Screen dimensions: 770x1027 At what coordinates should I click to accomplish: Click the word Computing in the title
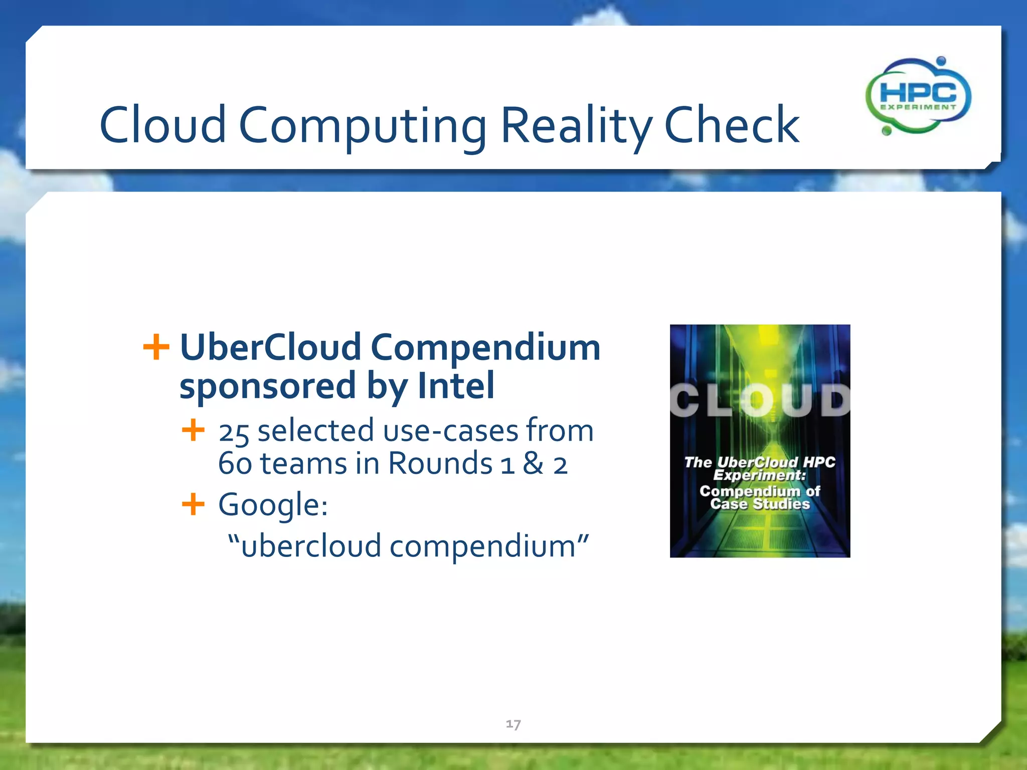362,125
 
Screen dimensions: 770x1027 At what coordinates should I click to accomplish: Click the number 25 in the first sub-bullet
234,432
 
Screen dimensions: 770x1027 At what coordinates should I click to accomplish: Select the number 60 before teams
235,464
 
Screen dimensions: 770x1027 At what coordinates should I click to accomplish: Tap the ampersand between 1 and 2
533,463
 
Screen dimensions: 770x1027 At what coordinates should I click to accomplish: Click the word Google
272,504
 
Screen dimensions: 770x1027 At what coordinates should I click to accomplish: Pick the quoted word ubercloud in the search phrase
311,546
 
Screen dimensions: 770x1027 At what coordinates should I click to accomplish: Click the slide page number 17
513,724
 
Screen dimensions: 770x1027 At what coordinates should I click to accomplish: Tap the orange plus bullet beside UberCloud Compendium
156,347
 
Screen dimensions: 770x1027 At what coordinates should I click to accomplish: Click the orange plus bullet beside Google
193,504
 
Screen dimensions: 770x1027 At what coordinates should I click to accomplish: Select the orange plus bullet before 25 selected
193,430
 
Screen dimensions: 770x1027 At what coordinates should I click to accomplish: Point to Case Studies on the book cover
760,504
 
